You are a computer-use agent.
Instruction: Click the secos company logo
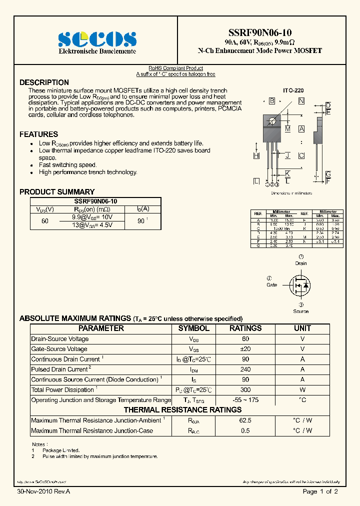97,39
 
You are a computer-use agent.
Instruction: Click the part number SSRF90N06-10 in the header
259,33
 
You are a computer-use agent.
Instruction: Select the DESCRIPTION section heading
44,82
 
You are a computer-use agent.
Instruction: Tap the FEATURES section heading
38,134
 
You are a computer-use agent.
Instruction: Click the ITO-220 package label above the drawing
293,91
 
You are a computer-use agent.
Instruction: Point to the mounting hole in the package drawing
272,120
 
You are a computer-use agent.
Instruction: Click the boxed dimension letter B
272,101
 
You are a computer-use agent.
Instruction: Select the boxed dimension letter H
256,156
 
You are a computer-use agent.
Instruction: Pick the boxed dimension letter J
287,155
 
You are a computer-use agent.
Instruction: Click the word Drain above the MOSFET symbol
301,263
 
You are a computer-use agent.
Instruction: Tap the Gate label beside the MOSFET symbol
271,285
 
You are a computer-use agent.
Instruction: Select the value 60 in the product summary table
45,221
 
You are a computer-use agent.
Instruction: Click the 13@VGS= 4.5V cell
92,225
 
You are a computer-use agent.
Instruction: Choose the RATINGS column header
245,328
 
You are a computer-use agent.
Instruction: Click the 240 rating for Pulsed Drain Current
245,369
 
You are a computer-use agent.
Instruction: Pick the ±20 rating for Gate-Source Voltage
245,349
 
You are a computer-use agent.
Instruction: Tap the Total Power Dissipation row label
62,390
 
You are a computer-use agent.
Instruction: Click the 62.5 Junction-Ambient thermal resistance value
245,420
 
